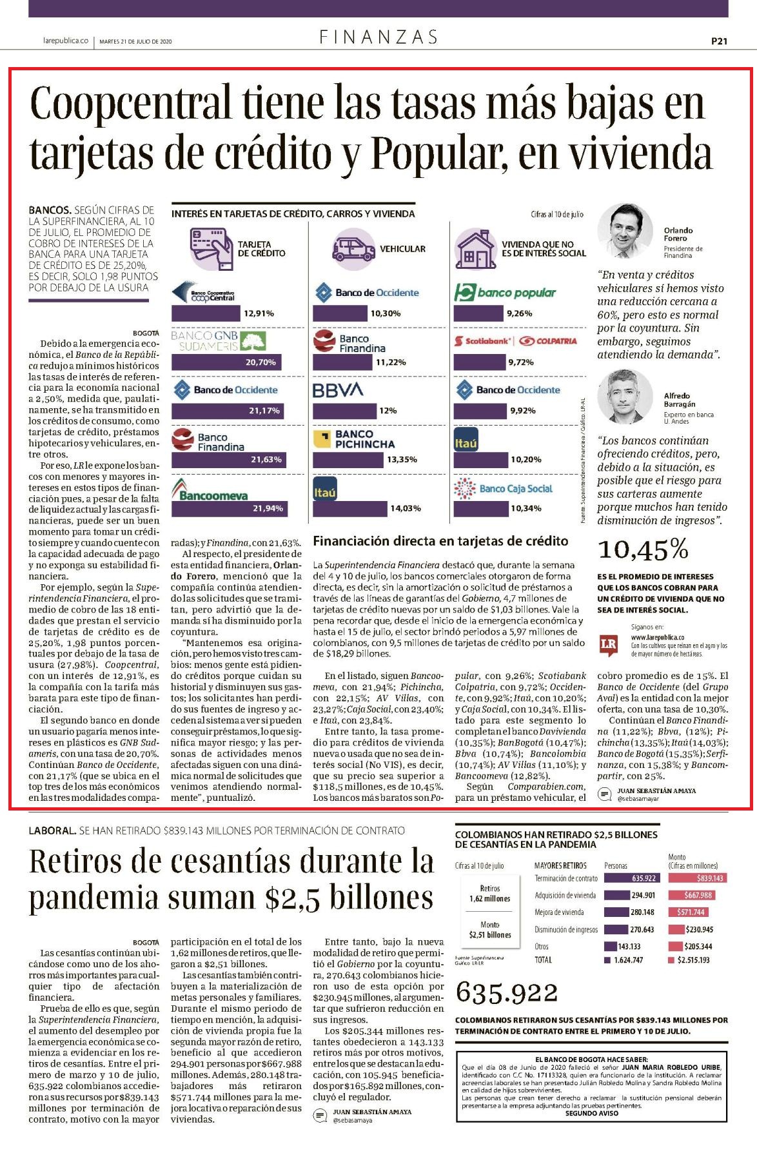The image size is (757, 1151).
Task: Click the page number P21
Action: tap(719, 41)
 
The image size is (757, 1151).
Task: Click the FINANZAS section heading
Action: tap(378, 37)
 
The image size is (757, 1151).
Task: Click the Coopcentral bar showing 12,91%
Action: tap(206, 313)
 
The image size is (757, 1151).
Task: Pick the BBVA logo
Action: tap(338, 390)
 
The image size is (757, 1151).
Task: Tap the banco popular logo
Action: tap(505, 293)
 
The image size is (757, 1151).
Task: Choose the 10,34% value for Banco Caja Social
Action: tap(526, 509)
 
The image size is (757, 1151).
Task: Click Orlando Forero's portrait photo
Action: tap(621, 231)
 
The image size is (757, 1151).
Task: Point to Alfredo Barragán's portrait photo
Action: tap(621, 397)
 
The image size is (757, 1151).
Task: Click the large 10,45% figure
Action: tap(643, 549)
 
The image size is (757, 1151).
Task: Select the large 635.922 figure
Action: tap(507, 992)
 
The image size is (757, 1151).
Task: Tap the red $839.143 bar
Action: tap(696, 878)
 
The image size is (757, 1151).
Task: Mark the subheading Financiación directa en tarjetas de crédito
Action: tap(440, 541)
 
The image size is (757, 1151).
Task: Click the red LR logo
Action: tap(608, 645)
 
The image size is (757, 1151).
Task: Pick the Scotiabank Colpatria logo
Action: tap(515, 340)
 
